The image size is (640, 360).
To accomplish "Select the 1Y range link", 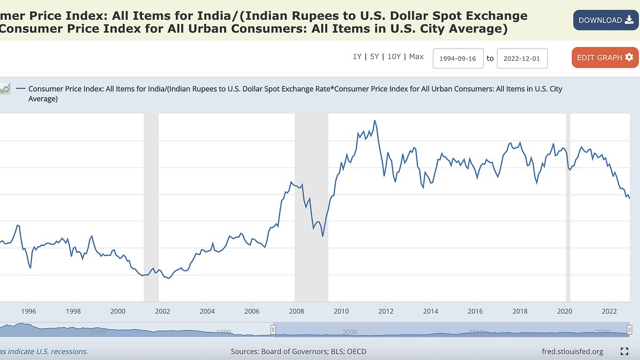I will pos(357,57).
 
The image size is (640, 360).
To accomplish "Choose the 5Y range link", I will pos(374,57).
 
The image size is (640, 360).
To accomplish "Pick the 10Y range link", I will pos(394,57).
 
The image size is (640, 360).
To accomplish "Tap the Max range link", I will pos(416,57).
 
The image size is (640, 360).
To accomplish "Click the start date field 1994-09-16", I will pos(458,58).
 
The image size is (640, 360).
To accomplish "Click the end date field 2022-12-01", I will pos(522,58).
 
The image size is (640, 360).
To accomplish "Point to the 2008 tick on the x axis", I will pos(297,311).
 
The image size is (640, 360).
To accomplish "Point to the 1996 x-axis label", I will pos(28,311).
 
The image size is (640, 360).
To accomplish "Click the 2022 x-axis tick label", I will pos(610,311).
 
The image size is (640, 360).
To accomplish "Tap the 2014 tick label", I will pos(430,311).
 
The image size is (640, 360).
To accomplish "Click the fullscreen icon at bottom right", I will pos(625,351).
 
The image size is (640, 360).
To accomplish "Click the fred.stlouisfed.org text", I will pos(572,351).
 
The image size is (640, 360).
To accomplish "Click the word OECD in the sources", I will pos(355,351).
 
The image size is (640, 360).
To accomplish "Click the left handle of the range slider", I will pos(273,330).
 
